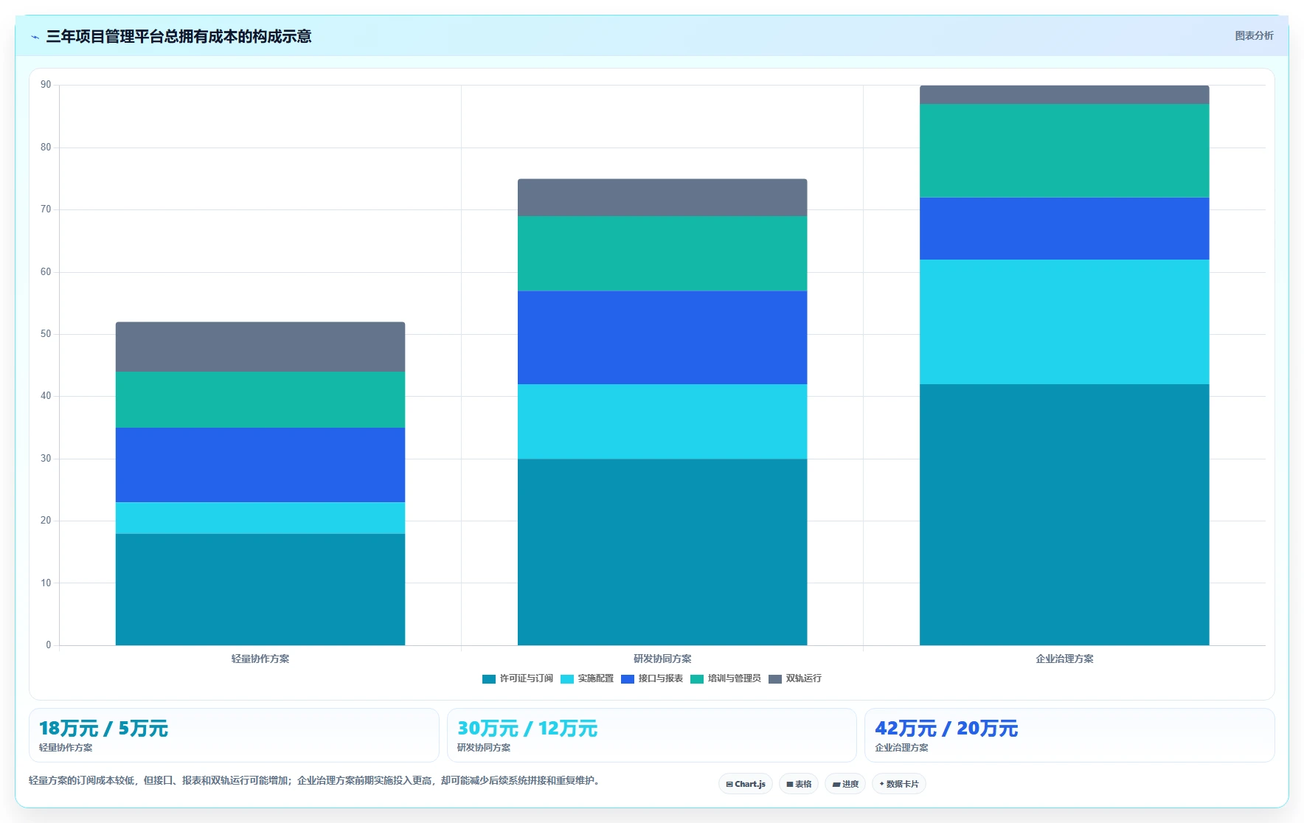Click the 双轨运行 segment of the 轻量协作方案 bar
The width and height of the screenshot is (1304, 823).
tap(260, 347)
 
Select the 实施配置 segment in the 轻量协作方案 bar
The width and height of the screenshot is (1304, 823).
tap(260, 518)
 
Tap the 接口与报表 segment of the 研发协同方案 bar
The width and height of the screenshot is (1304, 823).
tap(662, 338)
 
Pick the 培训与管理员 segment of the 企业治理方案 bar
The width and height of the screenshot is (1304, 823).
tap(1064, 150)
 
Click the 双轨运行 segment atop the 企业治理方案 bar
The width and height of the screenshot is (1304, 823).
tap(1064, 94)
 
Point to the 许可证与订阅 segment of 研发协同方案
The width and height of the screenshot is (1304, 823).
tap(662, 552)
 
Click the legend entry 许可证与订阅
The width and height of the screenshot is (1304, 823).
tap(518, 678)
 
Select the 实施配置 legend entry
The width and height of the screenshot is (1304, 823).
tap(587, 678)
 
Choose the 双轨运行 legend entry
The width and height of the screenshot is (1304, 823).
tap(795, 678)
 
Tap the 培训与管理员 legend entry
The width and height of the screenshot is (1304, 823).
tap(726, 678)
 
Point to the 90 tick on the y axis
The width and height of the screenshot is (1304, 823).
tap(46, 85)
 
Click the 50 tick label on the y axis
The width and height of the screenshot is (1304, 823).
tap(46, 334)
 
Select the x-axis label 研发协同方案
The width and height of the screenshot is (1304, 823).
tap(662, 659)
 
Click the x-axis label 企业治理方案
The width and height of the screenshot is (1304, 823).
tap(1064, 659)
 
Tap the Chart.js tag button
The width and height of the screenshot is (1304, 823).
tap(746, 784)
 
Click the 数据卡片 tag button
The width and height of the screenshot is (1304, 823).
tap(898, 784)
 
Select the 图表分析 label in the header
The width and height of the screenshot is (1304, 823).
tap(1254, 35)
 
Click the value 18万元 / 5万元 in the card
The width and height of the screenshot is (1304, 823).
tap(103, 729)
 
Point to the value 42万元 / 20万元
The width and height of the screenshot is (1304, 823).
tap(946, 729)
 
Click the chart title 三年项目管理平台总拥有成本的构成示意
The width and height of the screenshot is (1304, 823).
tap(178, 36)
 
